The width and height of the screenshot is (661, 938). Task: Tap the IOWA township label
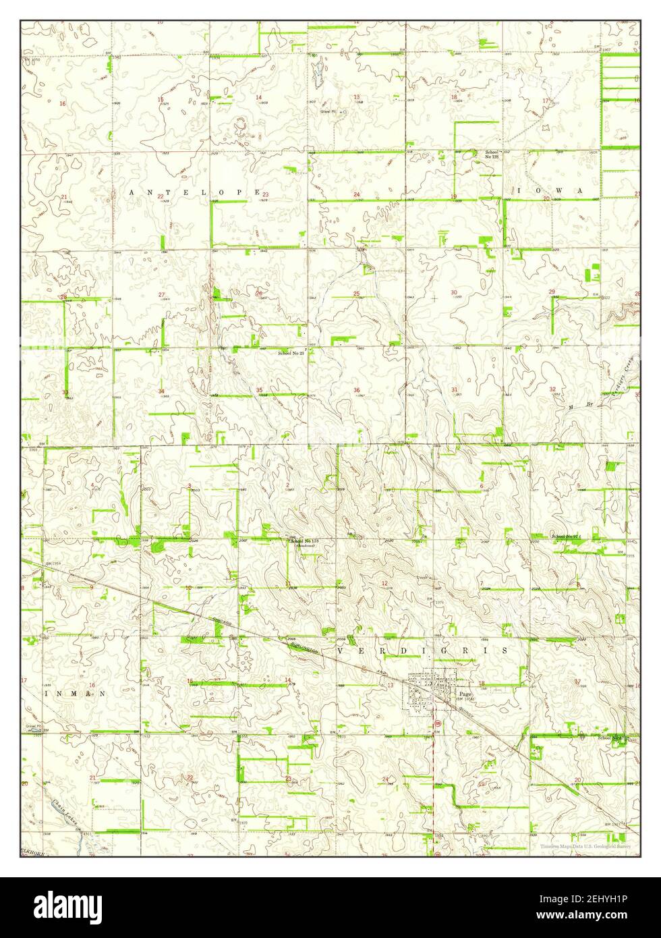coord(549,191)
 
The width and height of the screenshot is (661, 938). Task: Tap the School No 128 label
coord(491,155)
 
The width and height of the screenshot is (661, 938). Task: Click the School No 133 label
coord(304,542)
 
